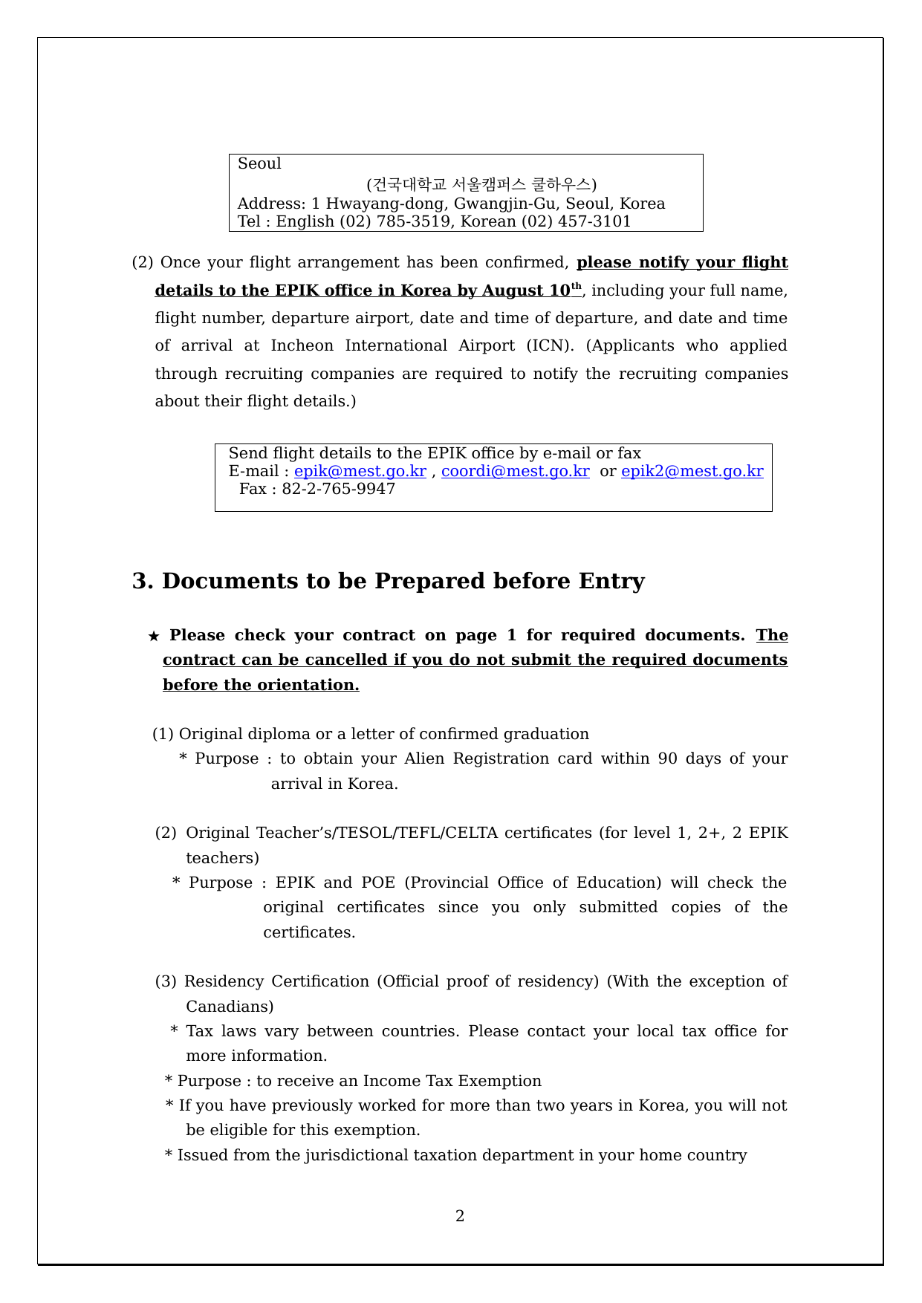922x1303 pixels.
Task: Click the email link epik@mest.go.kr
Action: (360, 471)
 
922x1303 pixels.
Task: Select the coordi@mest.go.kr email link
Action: (515, 471)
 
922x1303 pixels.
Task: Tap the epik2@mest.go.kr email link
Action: (692, 471)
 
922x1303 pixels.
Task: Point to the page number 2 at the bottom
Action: (460, 1216)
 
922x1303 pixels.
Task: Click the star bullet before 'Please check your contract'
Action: (154, 636)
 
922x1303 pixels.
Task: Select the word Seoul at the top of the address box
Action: (259, 163)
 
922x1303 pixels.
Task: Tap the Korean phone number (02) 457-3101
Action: (576, 221)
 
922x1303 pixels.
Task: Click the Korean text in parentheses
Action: (481, 183)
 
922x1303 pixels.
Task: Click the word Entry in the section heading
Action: (611, 581)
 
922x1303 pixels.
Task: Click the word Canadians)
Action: (230, 1007)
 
